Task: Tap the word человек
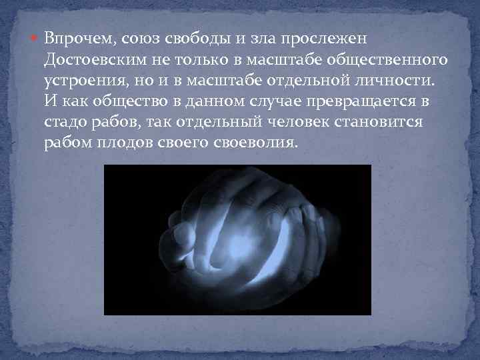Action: click(291, 125)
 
